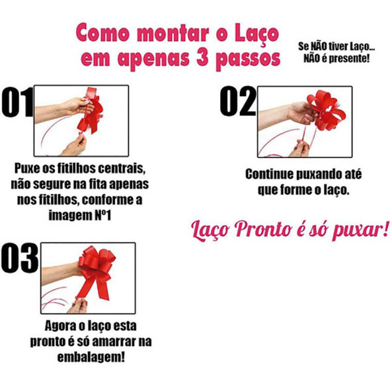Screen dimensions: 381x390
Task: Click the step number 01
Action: click(x=16, y=104)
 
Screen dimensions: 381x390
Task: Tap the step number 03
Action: click(x=20, y=258)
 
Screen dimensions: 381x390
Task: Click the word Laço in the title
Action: click(x=254, y=33)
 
